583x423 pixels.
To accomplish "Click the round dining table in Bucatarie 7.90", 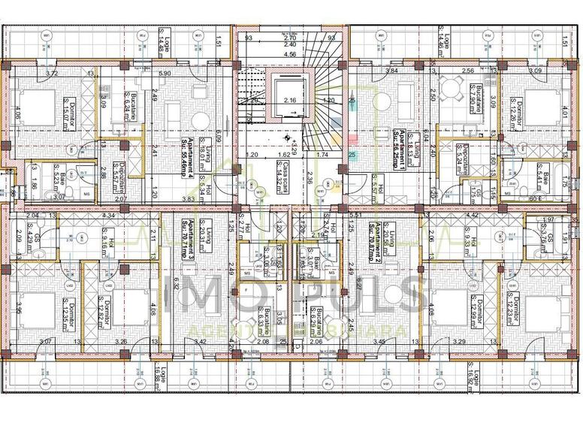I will click(452, 89).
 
